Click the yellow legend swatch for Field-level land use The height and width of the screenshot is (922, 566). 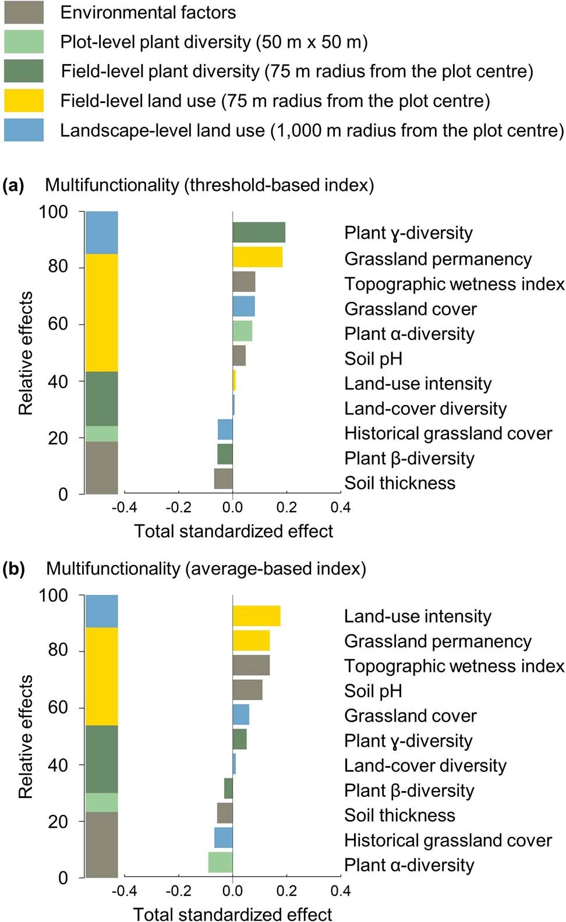click(x=24, y=100)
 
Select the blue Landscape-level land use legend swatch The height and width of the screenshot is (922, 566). click(x=24, y=130)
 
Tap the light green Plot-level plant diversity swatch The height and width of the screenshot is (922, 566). click(x=24, y=42)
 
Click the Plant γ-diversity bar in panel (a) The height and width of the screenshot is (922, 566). click(x=259, y=232)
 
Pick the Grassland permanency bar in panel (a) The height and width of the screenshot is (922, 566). click(x=257, y=257)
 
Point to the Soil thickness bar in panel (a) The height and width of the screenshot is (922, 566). click(x=224, y=478)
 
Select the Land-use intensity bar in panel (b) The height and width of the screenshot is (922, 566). click(x=256, y=616)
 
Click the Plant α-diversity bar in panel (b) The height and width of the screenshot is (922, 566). click(x=221, y=862)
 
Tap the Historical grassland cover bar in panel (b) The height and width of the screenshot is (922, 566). click(x=224, y=838)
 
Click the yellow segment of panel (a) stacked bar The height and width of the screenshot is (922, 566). click(x=102, y=313)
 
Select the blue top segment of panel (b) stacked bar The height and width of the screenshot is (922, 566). click(x=102, y=611)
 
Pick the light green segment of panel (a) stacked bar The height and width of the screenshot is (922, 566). click(x=102, y=434)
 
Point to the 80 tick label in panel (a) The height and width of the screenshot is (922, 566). click(x=58, y=266)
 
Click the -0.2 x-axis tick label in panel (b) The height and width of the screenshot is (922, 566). click(x=178, y=891)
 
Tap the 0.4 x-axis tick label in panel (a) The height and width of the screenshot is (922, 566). click(x=341, y=508)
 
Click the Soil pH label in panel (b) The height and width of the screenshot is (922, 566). click(x=373, y=691)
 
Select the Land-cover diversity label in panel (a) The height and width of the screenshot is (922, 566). click(x=425, y=409)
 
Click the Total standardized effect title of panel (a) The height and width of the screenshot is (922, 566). click(x=234, y=531)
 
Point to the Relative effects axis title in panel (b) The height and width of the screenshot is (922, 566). click(x=26, y=736)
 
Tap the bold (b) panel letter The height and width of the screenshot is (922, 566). click(x=13, y=569)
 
